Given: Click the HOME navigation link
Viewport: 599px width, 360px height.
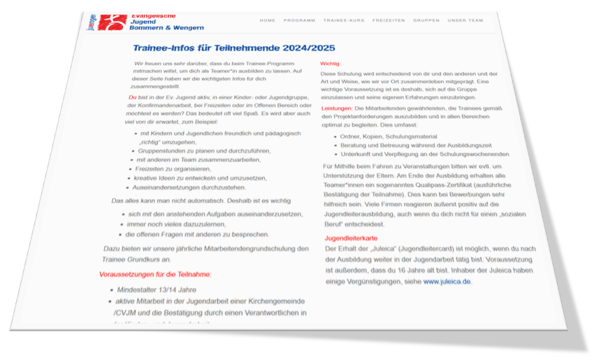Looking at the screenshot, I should click(268, 20).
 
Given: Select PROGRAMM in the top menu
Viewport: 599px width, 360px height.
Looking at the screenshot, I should click(299, 20).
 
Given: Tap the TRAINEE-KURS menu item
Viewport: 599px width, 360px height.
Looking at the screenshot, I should click(343, 20).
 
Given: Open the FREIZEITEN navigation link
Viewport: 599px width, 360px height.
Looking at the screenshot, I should click(389, 20).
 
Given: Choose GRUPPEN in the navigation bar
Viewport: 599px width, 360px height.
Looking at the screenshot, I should click(426, 20).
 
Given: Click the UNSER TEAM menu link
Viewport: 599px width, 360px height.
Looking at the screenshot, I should click(466, 20).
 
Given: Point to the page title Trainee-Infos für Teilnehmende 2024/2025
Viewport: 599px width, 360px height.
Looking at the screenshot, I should click(234, 48).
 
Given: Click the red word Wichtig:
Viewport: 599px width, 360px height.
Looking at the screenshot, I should click(330, 64).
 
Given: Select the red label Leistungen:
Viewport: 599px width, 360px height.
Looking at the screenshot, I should click(337, 109).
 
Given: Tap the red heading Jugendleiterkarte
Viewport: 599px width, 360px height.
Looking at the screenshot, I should click(347, 238).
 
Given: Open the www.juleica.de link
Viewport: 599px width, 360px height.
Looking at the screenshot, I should click(447, 281).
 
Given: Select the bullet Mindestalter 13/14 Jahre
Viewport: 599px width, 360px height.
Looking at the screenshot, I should click(156, 289).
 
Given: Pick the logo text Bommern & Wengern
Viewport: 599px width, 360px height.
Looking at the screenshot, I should click(168, 27).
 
